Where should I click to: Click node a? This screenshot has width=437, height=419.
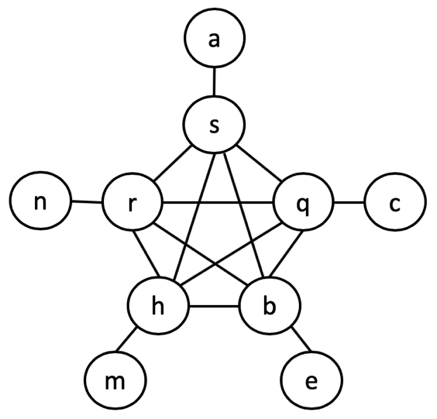tap(215, 39)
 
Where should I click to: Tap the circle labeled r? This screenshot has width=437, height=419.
tap(132, 205)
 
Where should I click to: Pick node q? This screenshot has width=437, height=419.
tap(303, 205)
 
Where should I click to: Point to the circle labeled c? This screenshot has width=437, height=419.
tap(395, 205)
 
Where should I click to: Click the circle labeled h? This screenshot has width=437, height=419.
tap(159, 306)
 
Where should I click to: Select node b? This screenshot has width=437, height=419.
tap(269, 306)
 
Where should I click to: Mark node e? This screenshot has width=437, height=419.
tap(310, 381)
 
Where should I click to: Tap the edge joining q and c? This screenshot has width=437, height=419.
tap(349, 205)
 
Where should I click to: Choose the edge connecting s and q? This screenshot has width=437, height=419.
tap(259, 164)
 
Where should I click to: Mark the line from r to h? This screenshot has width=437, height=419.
tap(145, 256)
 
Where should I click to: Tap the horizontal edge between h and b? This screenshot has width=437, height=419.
tap(214, 306)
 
